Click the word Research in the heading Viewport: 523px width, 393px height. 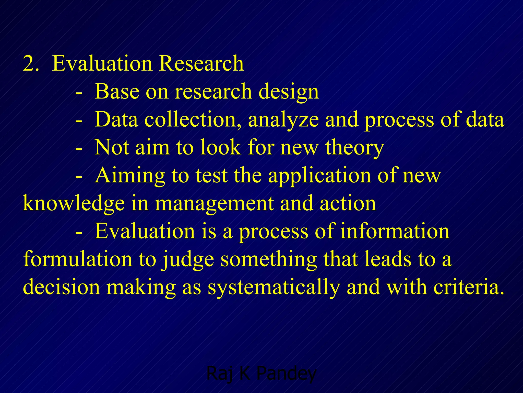(x=201, y=63)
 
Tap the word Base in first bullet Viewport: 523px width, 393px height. (x=117, y=91)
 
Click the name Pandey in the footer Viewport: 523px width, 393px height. (x=287, y=374)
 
